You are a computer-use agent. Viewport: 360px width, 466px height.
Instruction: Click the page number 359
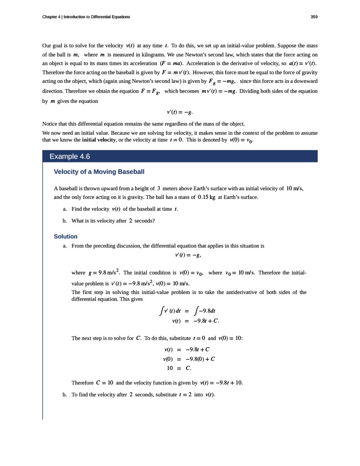[314, 17]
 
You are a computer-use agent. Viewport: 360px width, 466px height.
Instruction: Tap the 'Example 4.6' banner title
[70, 157]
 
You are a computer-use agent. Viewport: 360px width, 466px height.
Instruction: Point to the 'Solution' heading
[66, 237]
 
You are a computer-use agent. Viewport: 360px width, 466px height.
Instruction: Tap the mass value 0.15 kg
[207, 197]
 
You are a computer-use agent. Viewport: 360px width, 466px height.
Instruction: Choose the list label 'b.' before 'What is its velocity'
[66, 221]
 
